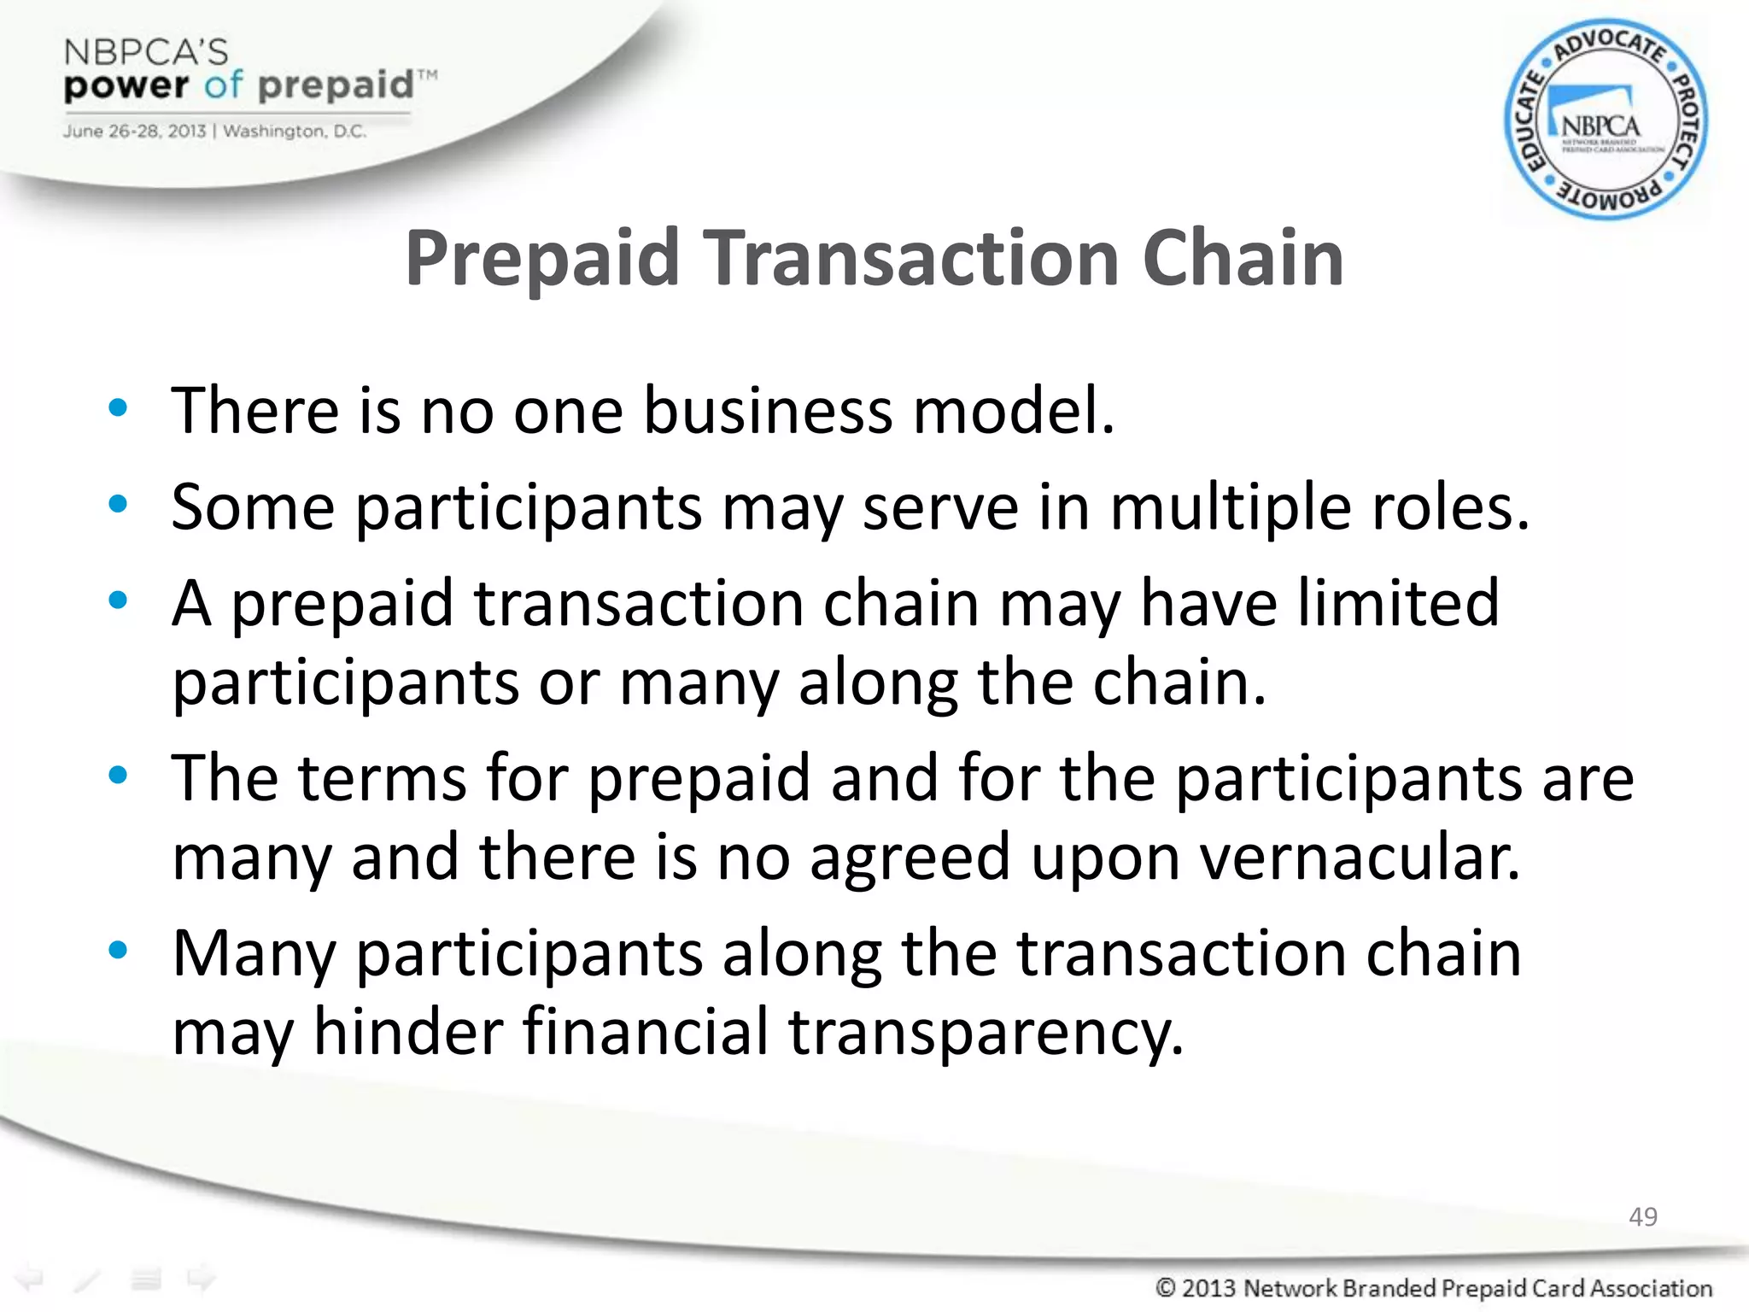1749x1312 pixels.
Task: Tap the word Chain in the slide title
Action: coord(1243,258)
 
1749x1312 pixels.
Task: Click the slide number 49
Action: coord(1642,1216)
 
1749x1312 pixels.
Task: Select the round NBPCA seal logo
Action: coord(1605,120)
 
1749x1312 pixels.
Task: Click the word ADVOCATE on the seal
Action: coord(1609,46)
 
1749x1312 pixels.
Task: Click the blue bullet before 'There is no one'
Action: coord(118,407)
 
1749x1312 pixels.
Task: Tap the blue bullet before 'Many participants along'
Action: coord(118,949)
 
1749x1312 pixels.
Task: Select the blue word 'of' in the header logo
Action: coord(224,85)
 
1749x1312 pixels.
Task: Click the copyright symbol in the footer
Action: coord(1166,1287)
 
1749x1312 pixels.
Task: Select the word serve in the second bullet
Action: coord(940,507)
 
